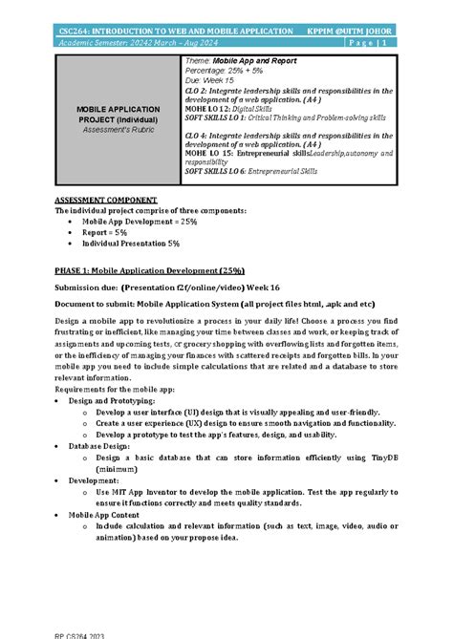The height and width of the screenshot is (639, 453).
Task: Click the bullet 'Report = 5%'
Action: (107, 232)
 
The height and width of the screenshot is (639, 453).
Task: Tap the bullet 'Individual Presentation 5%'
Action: (131, 243)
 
